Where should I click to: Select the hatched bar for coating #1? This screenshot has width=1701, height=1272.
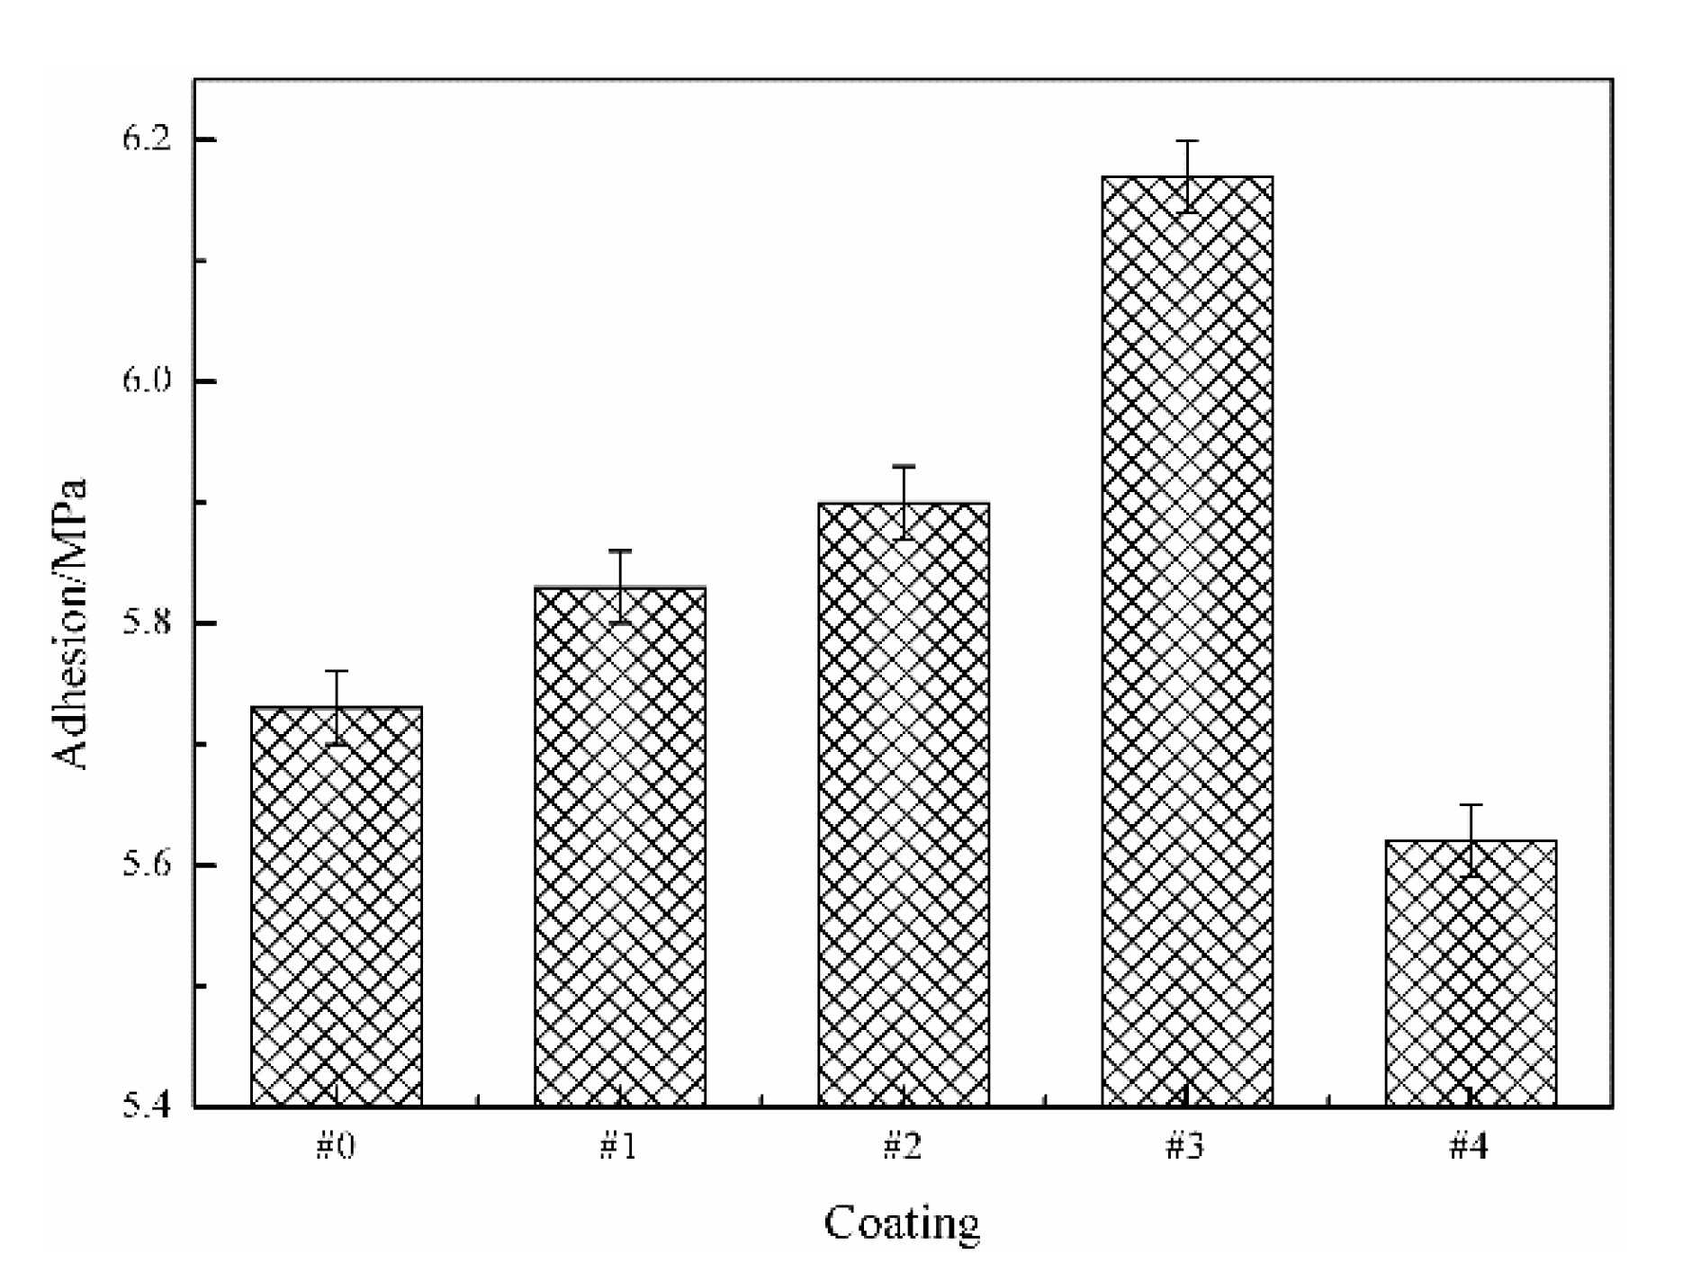click(620, 846)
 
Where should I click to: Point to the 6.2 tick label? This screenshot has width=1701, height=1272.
click(146, 139)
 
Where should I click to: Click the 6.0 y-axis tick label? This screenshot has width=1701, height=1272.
click(146, 381)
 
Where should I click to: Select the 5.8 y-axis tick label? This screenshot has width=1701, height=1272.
click(146, 623)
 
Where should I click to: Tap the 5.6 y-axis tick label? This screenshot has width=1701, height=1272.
click(146, 864)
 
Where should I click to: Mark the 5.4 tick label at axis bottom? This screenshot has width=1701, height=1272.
click(146, 1106)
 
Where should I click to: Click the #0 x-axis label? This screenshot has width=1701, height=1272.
click(336, 1147)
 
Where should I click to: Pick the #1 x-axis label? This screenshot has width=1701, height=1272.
click(619, 1147)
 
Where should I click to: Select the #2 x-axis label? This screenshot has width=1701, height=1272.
click(903, 1147)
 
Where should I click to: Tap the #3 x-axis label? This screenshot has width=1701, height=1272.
click(1186, 1147)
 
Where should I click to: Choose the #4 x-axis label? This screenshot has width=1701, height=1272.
click(1470, 1147)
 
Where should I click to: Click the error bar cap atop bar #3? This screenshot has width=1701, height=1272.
click(1188, 141)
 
